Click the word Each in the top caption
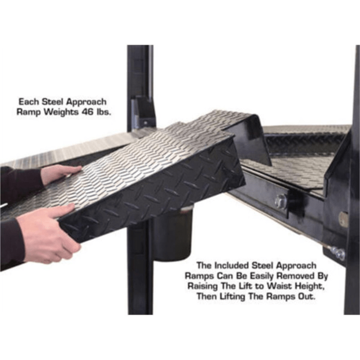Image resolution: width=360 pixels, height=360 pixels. click(29, 101)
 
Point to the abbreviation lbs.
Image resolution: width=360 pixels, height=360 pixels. click(104, 113)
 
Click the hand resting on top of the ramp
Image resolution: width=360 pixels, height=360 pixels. click(60, 174)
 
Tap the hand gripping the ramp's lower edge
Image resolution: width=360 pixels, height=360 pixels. click(46, 233)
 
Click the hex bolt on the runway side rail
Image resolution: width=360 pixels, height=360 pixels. click(280, 201)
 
